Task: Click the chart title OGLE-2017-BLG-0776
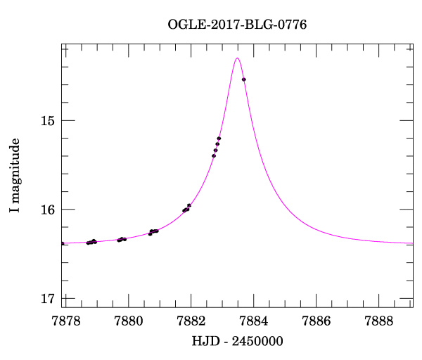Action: pyautogui.click(x=237, y=25)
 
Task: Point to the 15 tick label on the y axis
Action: pyautogui.click(x=47, y=121)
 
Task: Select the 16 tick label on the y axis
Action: pyautogui.click(x=47, y=210)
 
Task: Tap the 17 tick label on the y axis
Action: pyautogui.click(x=47, y=298)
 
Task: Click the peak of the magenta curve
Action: pyautogui.click(x=238, y=58)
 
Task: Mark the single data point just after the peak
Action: pyautogui.click(x=243, y=79)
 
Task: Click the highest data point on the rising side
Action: pyautogui.click(x=219, y=138)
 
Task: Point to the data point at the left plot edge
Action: pyautogui.click(x=63, y=243)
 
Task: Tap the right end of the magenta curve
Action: pyautogui.click(x=412, y=243)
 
